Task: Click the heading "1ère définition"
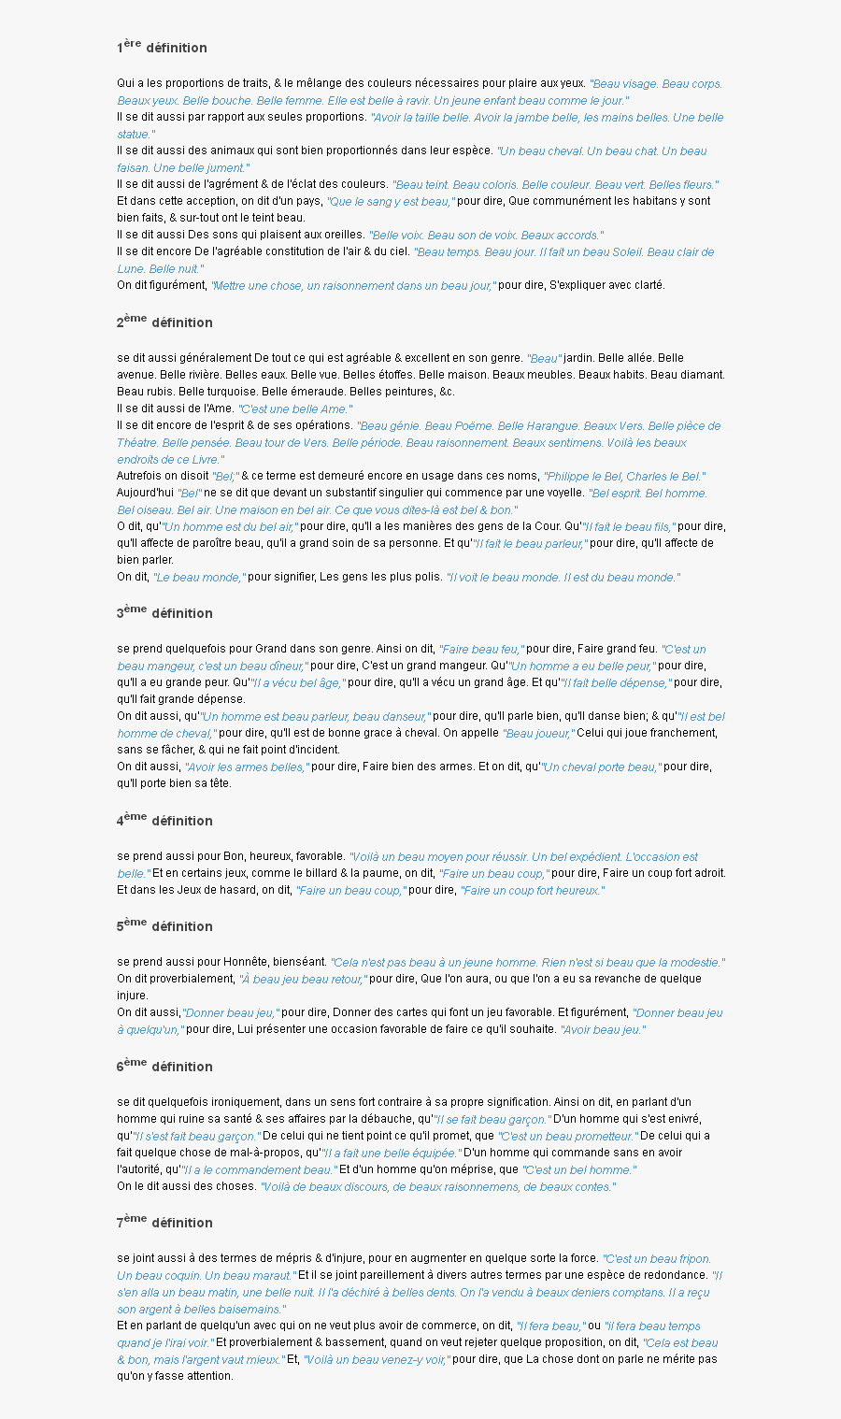click(162, 47)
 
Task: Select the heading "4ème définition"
click(164, 820)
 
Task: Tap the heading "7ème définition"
click(164, 1222)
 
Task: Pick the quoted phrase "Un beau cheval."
click(541, 151)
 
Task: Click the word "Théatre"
click(136, 443)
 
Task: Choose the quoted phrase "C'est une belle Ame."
click(295, 409)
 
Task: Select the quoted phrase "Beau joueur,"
click(539, 734)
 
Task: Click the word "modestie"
click(694, 963)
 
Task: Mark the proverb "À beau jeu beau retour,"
click(302, 980)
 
